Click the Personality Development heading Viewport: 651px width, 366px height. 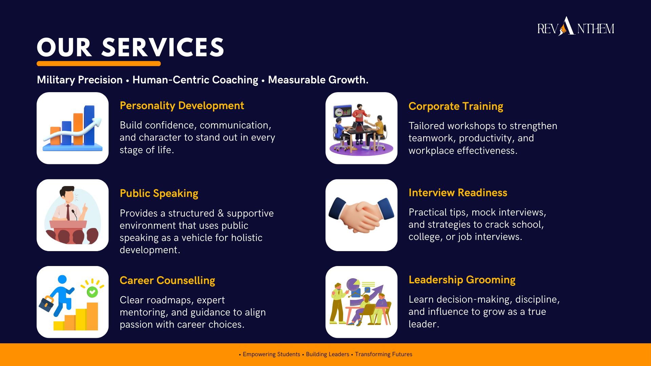point(182,106)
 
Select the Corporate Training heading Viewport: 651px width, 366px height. point(456,106)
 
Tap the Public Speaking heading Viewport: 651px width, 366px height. point(159,194)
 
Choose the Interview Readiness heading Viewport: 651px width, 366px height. point(458,192)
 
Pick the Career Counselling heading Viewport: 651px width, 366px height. point(167,281)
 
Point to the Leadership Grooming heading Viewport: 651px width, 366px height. point(462,280)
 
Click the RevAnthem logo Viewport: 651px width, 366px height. point(576,26)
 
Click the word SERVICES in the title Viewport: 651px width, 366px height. point(163,47)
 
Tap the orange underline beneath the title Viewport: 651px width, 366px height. point(99,63)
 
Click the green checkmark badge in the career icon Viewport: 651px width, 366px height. point(92,292)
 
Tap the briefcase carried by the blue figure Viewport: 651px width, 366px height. point(47,304)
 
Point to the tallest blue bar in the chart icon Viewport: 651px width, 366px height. point(89,125)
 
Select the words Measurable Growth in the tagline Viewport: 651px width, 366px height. point(318,80)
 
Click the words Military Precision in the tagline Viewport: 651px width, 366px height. point(80,80)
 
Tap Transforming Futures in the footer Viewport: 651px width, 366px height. point(383,354)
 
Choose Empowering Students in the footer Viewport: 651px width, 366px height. point(271,354)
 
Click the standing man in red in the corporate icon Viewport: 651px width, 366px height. point(360,124)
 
